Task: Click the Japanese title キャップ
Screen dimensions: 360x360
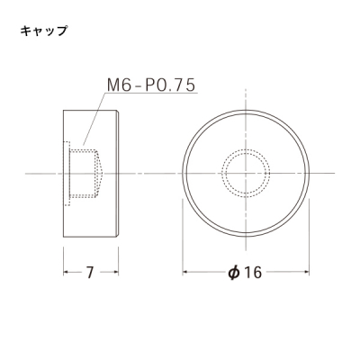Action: pyautogui.click(x=43, y=31)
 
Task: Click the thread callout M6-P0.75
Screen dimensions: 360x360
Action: pyautogui.click(x=151, y=85)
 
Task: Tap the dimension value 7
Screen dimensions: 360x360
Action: pyautogui.click(x=90, y=273)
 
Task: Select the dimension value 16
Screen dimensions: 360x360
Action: pyautogui.click(x=253, y=273)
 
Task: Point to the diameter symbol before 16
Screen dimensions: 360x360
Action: pyautogui.click(x=234, y=273)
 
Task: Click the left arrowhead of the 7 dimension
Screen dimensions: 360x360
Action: pyautogui.click(x=67, y=272)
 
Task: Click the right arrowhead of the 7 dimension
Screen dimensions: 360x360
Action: pyautogui.click(x=115, y=272)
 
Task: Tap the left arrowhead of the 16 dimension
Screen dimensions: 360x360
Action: pyautogui.click(x=185, y=272)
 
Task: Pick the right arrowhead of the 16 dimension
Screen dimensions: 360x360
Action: pyautogui.click(x=306, y=272)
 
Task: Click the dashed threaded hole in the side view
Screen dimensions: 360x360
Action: pyautogui.click(x=85, y=174)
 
